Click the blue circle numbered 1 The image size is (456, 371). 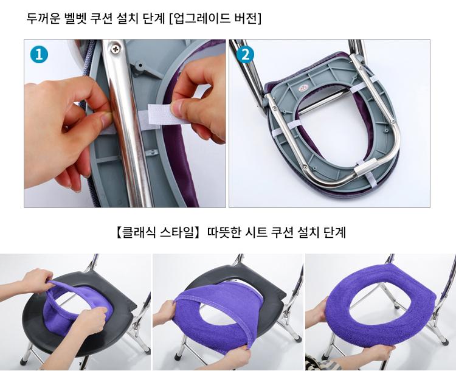39,55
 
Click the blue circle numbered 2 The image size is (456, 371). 245,55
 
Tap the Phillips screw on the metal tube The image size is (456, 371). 116,49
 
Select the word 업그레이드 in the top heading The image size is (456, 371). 201,19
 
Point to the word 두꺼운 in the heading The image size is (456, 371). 43,19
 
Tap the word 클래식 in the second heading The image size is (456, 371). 139,233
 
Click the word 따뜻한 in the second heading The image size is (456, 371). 224,233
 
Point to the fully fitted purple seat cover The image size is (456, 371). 381,308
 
